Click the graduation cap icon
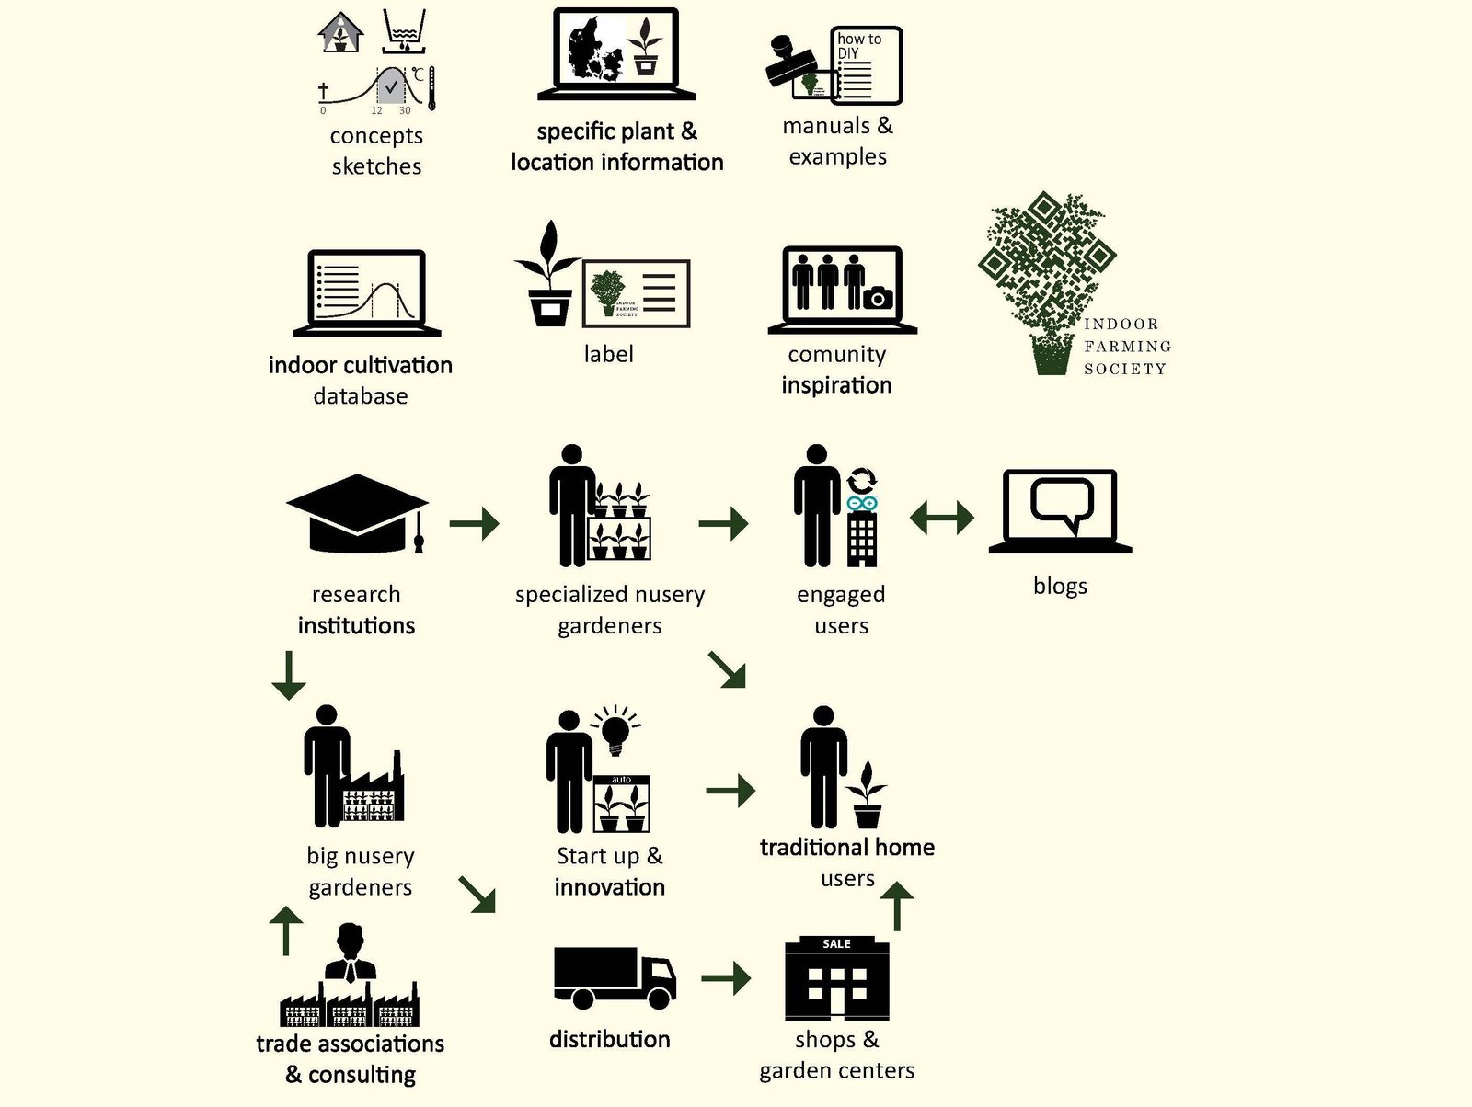[x=358, y=514]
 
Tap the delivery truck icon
[x=615, y=977]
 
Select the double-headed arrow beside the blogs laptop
[x=941, y=518]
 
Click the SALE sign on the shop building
[x=836, y=943]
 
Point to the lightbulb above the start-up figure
[x=615, y=730]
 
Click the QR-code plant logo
[x=1047, y=282]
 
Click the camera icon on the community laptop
[x=878, y=297]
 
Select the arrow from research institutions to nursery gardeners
[x=474, y=522]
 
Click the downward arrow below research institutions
[x=289, y=676]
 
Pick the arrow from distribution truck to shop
[x=726, y=978]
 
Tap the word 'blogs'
[x=1060, y=586]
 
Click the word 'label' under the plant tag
[x=608, y=354]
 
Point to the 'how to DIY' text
[x=858, y=46]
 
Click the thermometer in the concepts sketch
[x=431, y=87]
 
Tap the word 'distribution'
[x=610, y=1039]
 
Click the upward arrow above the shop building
[x=897, y=906]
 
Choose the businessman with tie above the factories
[x=351, y=953]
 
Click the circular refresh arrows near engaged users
[x=862, y=481]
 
